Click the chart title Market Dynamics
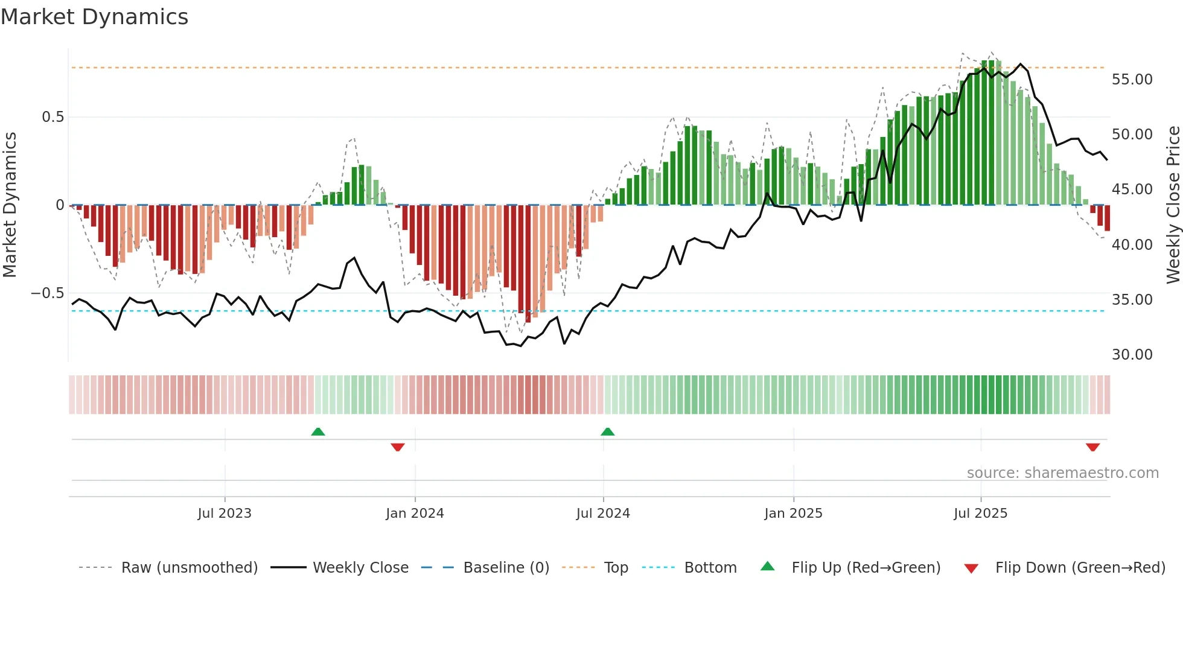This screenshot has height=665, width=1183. click(x=94, y=17)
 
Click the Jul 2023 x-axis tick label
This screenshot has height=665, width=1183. click(x=225, y=513)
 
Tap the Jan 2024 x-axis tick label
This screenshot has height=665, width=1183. click(x=415, y=513)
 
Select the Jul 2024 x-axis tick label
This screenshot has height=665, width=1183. click(x=603, y=513)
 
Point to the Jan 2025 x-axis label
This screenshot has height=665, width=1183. click(x=793, y=513)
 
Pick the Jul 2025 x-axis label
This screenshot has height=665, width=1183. click(x=980, y=513)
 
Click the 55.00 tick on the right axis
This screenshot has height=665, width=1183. click(x=1132, y=80)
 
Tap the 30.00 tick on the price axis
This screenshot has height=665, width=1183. click(x=1132, y=355)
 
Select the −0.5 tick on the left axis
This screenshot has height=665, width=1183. click(x=47, y=293)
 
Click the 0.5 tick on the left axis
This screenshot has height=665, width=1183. click(x=53, y=117)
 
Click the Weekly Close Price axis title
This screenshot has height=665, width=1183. click(x=1173, y=205)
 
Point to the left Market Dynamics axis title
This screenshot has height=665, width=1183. click(x=10, y=205)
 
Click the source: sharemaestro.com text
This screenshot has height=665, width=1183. click(x=1062, y=473)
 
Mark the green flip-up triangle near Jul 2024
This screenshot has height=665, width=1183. click(x=608, y=432)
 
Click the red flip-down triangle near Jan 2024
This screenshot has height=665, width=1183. click(x=398, y=447)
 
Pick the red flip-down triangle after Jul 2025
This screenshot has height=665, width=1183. click(x=1092, y=447)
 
